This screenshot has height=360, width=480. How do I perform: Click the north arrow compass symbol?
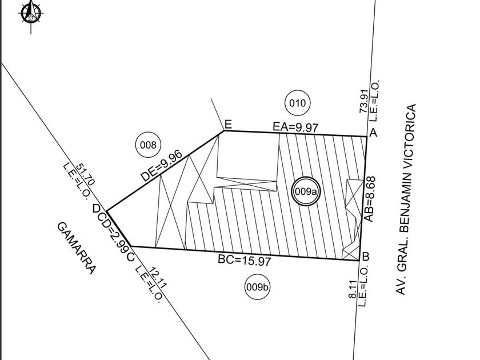(31, 14)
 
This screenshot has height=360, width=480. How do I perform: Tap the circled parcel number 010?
(297, 103)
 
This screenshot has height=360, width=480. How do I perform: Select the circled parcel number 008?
(148, 145)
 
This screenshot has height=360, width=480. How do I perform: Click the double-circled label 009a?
(306, 191)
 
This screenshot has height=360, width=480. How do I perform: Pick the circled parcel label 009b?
(258, 287)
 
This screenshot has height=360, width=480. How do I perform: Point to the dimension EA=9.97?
(296, 127)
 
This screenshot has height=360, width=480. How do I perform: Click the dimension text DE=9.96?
(161, 165)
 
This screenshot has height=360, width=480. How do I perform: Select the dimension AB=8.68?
(369, 199)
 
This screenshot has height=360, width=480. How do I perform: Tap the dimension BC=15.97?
(245, 261)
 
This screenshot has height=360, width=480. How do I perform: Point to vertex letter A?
(374, 133)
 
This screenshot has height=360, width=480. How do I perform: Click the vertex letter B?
(366, 256)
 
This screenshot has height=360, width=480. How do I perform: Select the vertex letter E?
(228, 125)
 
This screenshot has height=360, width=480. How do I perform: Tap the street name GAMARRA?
(77, 248)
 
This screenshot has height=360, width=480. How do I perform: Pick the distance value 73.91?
(363, 102)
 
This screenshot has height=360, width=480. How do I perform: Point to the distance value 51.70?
(85, 174)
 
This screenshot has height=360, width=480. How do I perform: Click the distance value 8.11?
(353, 289)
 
